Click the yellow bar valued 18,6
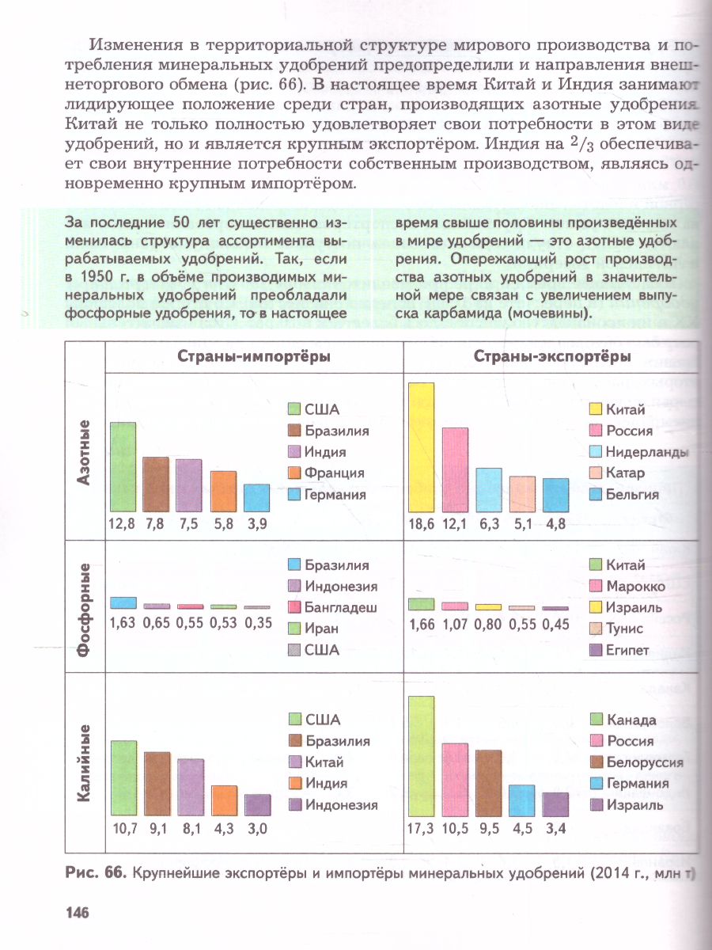[x=422, y=447]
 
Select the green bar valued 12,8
[x=123, y=466]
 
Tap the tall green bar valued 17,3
[x=422, y=756]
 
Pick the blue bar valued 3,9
[x=256, y=497]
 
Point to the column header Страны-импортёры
[x=253, y=357]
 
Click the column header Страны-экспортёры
[x=552, y=357]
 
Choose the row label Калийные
[x=85, y=764]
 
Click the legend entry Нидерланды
[x=646, y=452]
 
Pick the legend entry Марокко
[x=635, y=587]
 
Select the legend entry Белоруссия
[x=645, y=763]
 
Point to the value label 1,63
[x=123, y=623]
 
